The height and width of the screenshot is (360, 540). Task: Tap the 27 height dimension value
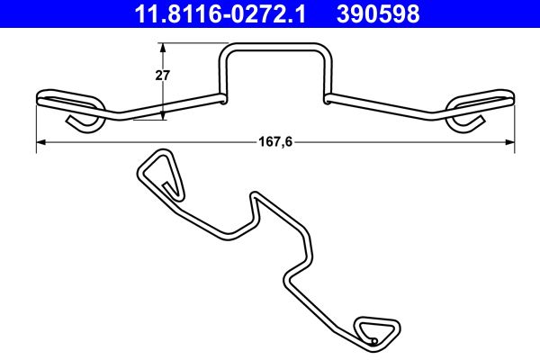(x=163, y=76)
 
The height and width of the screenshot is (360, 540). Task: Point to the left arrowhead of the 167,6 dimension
(x=40, y=142)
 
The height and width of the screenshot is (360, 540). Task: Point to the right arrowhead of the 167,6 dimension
(x=509, y=142)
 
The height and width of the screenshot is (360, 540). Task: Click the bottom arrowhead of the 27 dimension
(x=162, y=114)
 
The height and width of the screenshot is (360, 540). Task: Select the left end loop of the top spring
(x=69, y=100)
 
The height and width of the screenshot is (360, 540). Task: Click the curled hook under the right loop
(x=466, y=122)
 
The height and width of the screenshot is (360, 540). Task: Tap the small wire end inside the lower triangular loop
(x=373, y=341)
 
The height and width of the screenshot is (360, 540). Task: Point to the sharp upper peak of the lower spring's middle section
(x=256, y=196)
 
